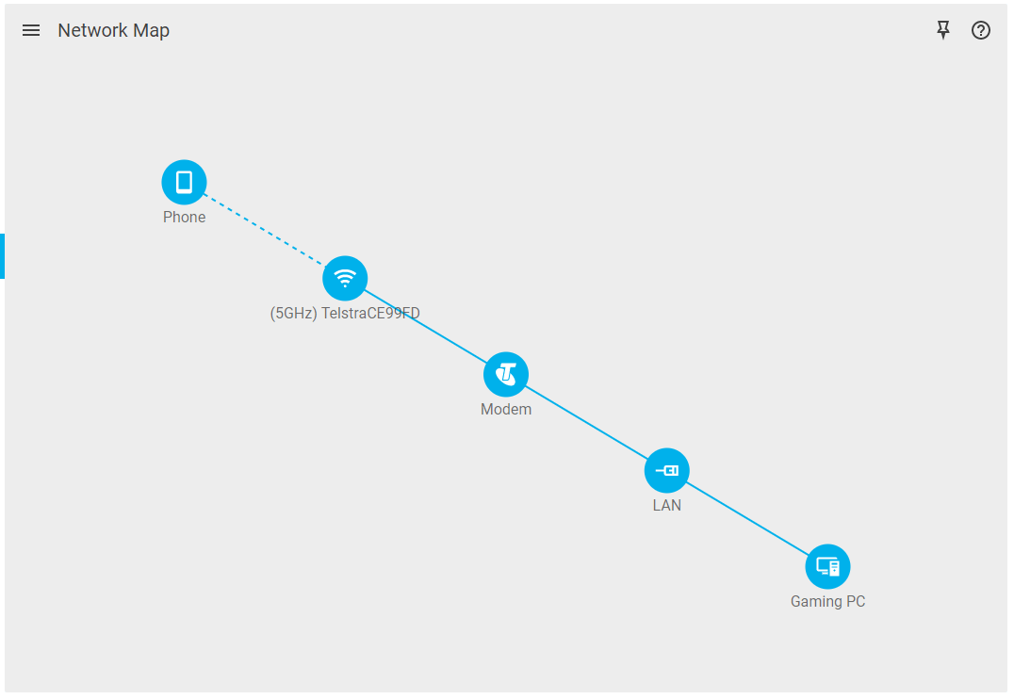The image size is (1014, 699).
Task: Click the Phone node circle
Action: [x=184, y=182]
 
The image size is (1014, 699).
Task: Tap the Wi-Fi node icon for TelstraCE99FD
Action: [x=345, y=278]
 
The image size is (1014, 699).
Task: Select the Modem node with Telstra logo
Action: [x=506, y=374]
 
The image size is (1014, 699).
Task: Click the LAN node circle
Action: [x=667, y=470]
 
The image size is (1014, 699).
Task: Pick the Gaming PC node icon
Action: [x=827, y=566]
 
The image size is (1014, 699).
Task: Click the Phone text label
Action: [x=184, y=218]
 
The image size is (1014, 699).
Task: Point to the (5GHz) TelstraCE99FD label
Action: [x=345, y=314]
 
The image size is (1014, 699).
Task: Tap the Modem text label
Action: [x=506, y=410]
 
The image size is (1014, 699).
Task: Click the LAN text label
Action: [x=667, y=506]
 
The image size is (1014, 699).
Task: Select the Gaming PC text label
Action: [x=827, y=602]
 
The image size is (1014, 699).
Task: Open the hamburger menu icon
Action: [x=31, y=30]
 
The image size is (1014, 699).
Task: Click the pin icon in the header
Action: [x=942, y=30]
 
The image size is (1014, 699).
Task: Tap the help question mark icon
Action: [x=981, y=30]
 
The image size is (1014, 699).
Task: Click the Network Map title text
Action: [x=113, y=30]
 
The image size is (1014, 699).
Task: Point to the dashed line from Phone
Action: [x=264, y=230]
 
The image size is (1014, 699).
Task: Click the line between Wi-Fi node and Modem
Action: [x=425, y=326]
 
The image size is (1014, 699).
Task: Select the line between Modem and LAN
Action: [x=586, y=422]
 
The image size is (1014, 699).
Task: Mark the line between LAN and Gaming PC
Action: [x=747, y=518]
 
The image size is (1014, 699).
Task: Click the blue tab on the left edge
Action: [x=3, y=256]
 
